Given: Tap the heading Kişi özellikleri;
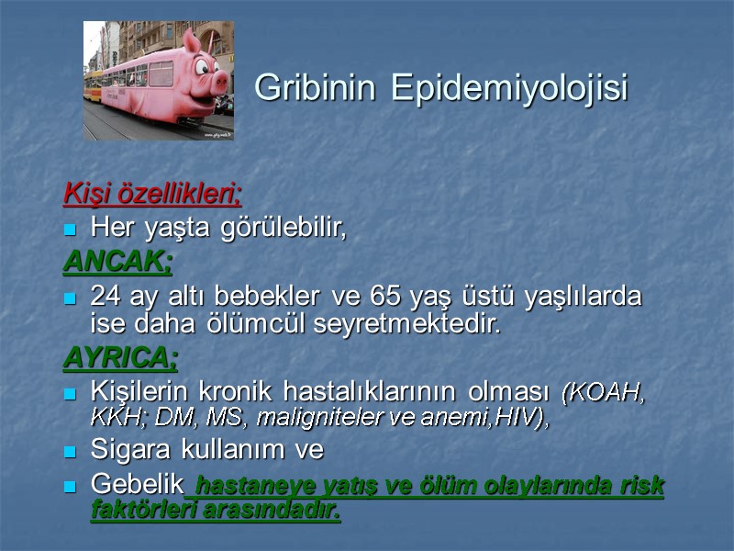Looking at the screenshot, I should coord(152,196).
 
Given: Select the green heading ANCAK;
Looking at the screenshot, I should coord(117,263).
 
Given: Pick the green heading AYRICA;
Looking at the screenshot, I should coord(120,356).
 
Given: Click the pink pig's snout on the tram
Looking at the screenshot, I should coord(220,84).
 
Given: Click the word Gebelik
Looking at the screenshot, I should coord(138,484).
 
